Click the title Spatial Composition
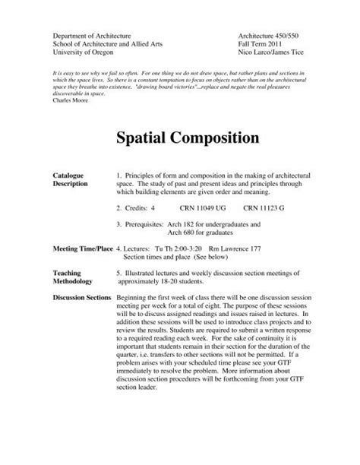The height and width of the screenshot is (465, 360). click(x=179, y=138)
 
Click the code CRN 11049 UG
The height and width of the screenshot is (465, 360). click(x=201, y=207)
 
